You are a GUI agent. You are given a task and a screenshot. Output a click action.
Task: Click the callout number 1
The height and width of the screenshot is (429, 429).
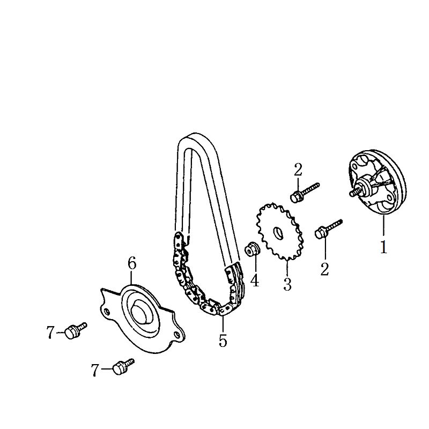pyautogui.click(x=383, y=247)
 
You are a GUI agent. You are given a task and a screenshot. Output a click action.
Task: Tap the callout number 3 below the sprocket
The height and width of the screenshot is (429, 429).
pyautogui.click(x=287, y=284)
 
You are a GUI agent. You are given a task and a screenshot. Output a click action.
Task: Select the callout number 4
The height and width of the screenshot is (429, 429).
pyautogui.click(x=255, y=280)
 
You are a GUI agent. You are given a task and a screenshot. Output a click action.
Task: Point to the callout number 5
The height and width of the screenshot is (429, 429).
pyautogui.click(x=223, y=341)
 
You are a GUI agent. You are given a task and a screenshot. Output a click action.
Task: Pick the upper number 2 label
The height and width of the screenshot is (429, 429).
pyautogui.click(x=298, y=169)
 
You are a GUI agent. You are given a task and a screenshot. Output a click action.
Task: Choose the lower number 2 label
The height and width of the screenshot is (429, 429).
pyautogui.click(x=324, y=269)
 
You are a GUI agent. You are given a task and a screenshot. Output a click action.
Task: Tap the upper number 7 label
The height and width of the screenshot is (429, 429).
pyautogui.click(x=50, y=332)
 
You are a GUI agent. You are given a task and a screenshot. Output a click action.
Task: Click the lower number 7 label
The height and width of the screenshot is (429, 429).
pyautogui.click(x=95, y=370)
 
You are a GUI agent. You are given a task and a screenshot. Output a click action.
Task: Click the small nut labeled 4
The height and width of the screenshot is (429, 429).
pyautogui.click(x=252, y=249)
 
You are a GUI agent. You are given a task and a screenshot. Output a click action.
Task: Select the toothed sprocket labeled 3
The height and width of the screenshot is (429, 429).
pyautogui.click(x=280, y=232)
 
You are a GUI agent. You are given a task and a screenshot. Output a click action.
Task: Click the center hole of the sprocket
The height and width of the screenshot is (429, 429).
pyautogui.click(x=279, y=233)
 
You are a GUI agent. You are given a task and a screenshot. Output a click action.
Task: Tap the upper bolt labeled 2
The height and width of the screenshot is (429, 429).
pyautogui.click(x=304, y=193)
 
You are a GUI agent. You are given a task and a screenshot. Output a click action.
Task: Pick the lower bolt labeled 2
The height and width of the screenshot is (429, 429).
pyautogui.click(x=328, y=229)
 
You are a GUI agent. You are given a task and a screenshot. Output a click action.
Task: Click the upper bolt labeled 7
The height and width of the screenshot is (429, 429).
pyautogui.click(x=76, y=331)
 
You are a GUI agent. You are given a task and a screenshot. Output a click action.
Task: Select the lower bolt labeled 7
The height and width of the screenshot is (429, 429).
pyautogui.click(x=123, y=366)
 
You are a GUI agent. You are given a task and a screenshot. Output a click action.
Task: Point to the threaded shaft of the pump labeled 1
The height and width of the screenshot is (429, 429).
pyautogui.click(x=354, y=192)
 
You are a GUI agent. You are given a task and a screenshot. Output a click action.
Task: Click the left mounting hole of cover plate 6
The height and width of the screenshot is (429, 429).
pyautogui.click(x=107, y=311)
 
